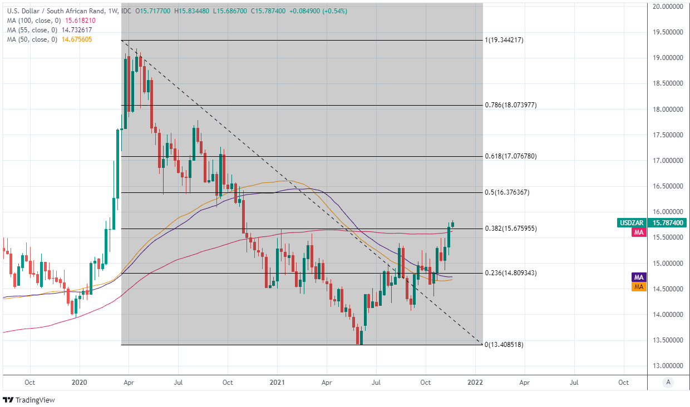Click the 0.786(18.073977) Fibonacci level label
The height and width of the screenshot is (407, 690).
coord(510,105)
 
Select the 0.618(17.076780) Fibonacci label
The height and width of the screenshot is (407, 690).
coord(510,157)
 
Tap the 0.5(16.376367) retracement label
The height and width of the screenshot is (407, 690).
coord(506,192)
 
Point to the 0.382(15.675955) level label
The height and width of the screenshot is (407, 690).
coord(510,229)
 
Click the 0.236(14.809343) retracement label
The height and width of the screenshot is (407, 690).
coord(510,273)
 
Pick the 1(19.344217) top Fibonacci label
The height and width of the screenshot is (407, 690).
coord(504,40)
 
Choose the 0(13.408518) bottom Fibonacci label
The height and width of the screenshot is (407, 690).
coord(504,345)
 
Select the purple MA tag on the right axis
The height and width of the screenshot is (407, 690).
coord(639,277)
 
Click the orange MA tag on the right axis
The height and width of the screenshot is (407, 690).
coord(639,287)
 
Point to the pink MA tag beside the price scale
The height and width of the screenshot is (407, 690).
coord(639,233)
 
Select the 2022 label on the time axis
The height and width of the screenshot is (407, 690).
coord(475,383)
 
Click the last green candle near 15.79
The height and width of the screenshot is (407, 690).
coord(453,225)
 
